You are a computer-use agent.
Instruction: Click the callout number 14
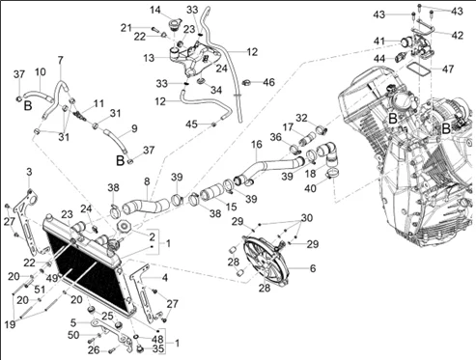pyautogui.click(x=155, y=10)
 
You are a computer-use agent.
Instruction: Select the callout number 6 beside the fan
pyautogui.click(x=313, y=268)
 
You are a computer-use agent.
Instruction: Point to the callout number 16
pyautogui.click(x=257, y=145)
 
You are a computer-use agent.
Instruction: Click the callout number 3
pyautogui.click(x=29, y=172)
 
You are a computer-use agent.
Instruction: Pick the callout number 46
pyautogui.click(x=268, y=82)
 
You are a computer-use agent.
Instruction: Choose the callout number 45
pyautogui.click(x=191, y=124)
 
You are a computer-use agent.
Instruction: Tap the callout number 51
pyautogui.click(x=40, y=290)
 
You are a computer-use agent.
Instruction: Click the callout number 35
pyautogui.click(x=158, y=348)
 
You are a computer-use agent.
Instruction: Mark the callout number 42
pyautogui.click(x=457, y=35)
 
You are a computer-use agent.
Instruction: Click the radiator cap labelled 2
pyautogui.click(x=124, y=227)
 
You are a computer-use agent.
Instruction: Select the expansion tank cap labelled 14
pyautogui.click(x=176, y=24)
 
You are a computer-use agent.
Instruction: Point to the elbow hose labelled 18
pyautogui.click(x=328, y=153)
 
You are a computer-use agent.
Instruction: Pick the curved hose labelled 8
pyautogui.click(x=146, y=206)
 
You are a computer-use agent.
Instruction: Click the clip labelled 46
pyautogui.click(x=246, y=83)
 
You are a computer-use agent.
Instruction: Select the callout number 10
pyautogui.click(x=41, y=71)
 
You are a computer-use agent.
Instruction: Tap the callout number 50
pyautogui.click(x=73, y=335)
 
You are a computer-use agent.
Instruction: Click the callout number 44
pyautogui.click(x=379, y=59)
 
